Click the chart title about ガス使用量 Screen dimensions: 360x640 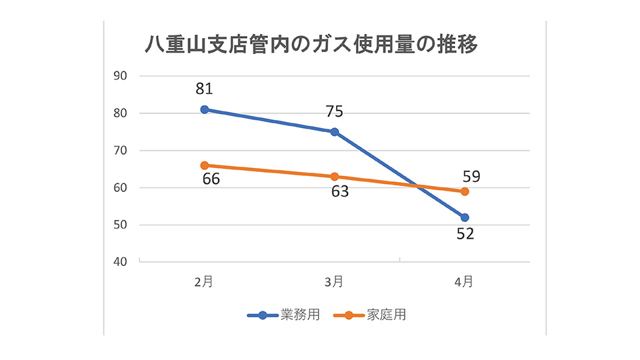coord(311,45)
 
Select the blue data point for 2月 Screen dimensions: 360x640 coord(205,109)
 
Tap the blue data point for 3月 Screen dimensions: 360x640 coord(335,132)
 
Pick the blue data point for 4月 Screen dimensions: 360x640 coord(465,217)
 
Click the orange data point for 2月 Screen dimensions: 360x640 coord(205,165)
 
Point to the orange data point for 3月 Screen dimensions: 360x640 coord(335,177)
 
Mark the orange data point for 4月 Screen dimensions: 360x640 coord(465,191)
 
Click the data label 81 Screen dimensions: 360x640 coord(205,89)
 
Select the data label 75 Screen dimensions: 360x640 coord(335,111)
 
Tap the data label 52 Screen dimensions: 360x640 coord(465,235)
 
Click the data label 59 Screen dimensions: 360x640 coord(470,177)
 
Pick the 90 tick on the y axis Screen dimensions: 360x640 coord(120,76)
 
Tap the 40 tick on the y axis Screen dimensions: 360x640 coord(120,262)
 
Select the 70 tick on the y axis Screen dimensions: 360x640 coord(120,151)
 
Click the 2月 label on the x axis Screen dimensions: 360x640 coord(204,282)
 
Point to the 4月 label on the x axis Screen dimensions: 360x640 coord(465,282)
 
